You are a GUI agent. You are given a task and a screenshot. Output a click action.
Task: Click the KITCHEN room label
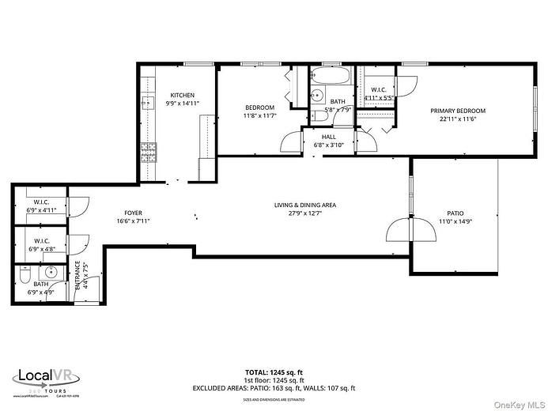[182, 96]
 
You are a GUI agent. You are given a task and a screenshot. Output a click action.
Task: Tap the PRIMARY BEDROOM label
[458, 111]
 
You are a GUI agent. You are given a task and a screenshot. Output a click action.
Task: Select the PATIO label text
[455, 213]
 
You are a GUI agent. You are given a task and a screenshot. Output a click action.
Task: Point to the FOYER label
[133, 213]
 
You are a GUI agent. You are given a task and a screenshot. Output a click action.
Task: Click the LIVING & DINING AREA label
[305, 205]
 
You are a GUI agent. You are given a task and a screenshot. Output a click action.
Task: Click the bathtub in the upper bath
[331, 77]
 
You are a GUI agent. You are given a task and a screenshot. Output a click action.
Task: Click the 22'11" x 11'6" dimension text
[458, 119]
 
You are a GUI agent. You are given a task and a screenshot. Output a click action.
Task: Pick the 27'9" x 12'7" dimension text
[305, 213]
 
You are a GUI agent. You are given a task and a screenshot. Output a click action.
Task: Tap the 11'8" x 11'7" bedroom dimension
[259, 115]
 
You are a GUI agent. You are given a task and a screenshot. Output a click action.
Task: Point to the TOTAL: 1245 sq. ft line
[274, 371]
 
